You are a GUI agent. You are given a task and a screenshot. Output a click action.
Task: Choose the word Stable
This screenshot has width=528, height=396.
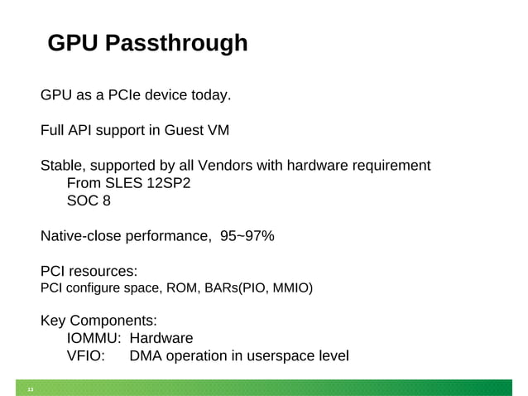click(x=63, y=166)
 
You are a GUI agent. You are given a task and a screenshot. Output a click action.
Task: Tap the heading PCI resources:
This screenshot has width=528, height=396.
click(x=89, y=271)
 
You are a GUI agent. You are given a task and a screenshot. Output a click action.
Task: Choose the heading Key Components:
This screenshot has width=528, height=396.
click(x=98, y=321)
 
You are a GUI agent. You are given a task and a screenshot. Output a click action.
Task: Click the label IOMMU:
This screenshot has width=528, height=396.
click(x=94, y=338)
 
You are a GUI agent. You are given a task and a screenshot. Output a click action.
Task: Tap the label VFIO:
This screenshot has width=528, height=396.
click(x=85, y=356)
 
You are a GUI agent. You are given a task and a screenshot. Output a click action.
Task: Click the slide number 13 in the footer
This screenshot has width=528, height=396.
click(x=31, y=390)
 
